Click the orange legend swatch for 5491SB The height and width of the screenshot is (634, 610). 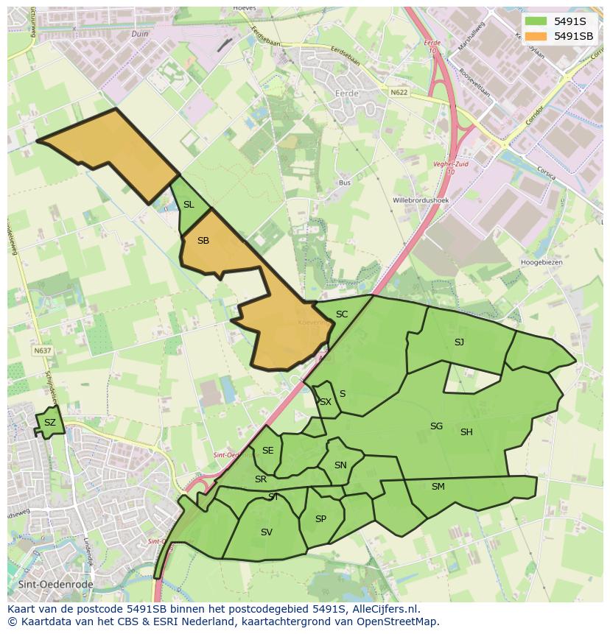tap(536, 36)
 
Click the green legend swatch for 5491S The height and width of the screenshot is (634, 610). tap(536, 21)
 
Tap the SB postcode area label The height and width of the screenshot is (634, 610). tap(203, 241)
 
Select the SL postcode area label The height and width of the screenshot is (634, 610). tap(189, 205)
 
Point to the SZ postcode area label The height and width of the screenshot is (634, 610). tap(49, 423)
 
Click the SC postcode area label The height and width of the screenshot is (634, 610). tap(341, 314)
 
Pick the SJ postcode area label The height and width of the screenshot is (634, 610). tap(459, 342)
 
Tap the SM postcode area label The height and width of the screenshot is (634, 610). tap(438, 486)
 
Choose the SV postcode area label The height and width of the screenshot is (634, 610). tap(266, 532)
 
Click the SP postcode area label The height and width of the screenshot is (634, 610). tap(320, 518)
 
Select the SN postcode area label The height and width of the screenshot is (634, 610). tap(340, 465)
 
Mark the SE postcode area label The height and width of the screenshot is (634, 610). tap(267, 451)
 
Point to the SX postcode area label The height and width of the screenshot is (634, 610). tap(325, 402)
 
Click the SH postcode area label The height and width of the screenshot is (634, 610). tap(466, 432)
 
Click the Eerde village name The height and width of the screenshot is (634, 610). tap(346, 94)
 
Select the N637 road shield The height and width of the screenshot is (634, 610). tap(43, 351)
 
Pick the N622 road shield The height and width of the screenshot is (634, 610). tap(399, 92)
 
